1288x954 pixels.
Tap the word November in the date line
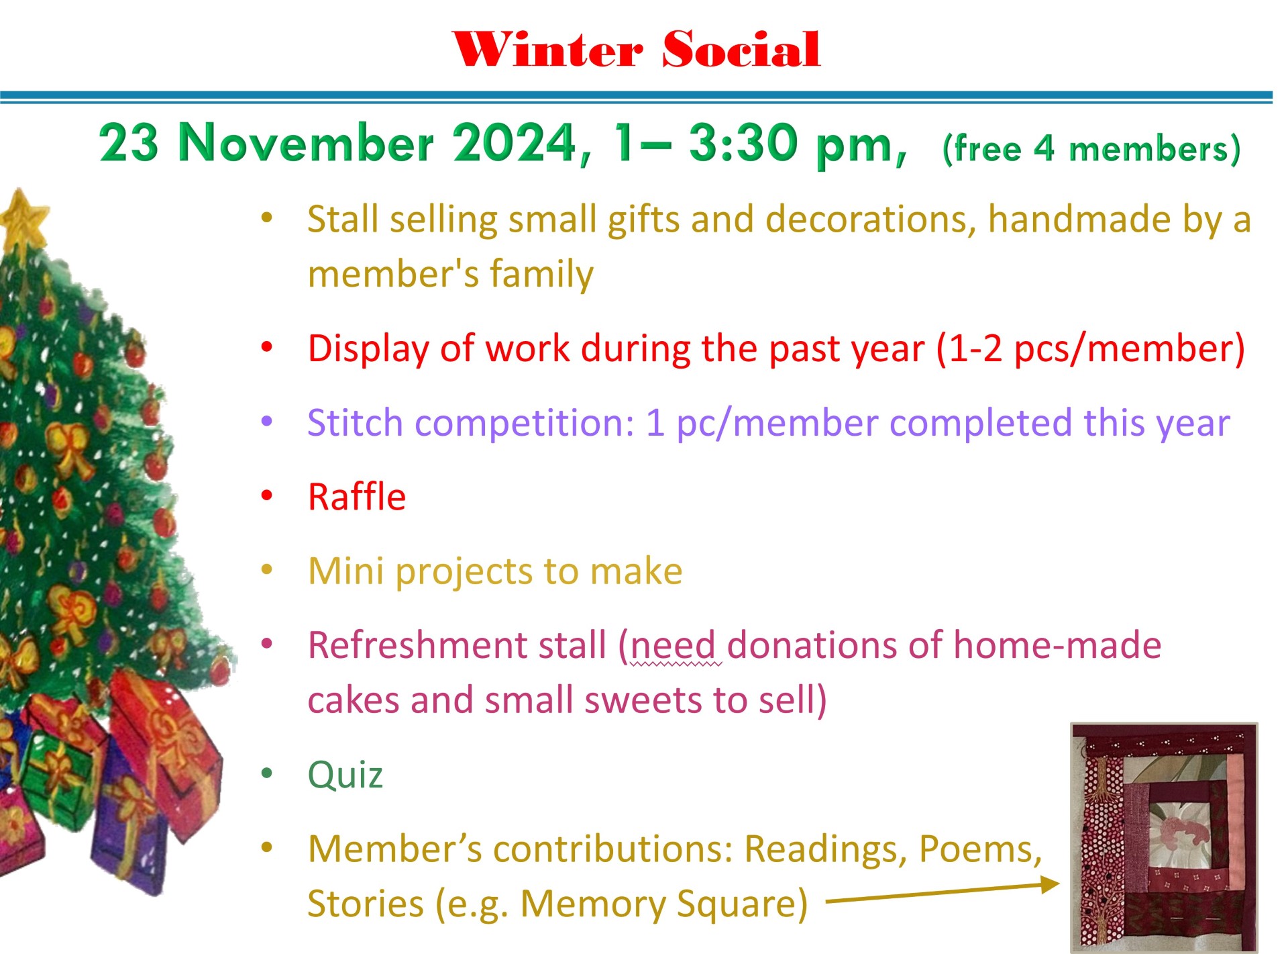pyautogui.click(x=307, y=142)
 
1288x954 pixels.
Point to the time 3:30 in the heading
pyautogui.click(x=746, y=142)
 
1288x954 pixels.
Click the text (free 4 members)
pyautogui.click(x=1091, y=149)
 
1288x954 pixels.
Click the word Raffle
pyautogui.click(x=357, y=497)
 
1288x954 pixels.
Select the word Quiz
pyautogui.click(x=345, y=775)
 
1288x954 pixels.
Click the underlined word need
pyautogui.click(x=674, y=646)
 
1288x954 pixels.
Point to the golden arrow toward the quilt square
pyautogui.click(x=943, y=894)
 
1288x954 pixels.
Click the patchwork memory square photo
pyautogui.click(x=1164, y=837)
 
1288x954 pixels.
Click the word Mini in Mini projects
pyautogui.click(x=346, y=571)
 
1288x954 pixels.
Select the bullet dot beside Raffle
pyautogui.click(x=267, y=496)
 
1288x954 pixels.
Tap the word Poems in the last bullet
pyautogui.click(x=980, y=849)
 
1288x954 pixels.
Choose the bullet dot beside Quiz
pyautogui.click(x=267, y=773)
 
